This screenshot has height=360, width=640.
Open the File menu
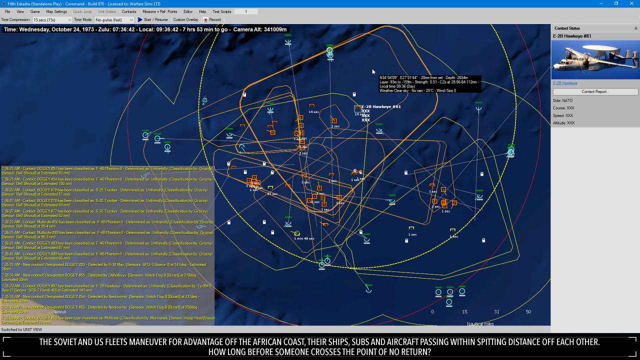coord(7,11)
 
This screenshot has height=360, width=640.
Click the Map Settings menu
coord(56,11)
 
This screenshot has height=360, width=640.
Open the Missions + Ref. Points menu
coord(159,11)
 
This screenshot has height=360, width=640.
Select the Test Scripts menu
coord(222,11)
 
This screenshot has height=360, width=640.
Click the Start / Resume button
coord(153,20)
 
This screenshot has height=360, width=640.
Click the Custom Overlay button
coord(185,20)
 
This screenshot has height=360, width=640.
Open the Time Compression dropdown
coord(52,20)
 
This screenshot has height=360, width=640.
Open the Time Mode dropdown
coord(114,20)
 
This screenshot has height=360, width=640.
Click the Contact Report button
coord(595,92)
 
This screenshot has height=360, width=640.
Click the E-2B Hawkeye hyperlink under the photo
coord(565,83)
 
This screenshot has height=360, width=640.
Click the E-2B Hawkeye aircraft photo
coord(595,59)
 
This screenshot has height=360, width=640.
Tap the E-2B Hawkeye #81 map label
coord(381,106)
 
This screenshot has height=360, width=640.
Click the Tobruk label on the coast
coord(60,312)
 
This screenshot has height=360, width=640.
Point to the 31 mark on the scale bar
coord(496,312)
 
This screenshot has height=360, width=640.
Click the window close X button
coord(631,3)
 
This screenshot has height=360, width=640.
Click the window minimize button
coord(601,3)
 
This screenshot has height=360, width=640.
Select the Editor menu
coord(188,11)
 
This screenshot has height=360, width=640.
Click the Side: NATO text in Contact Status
coord(562,100)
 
